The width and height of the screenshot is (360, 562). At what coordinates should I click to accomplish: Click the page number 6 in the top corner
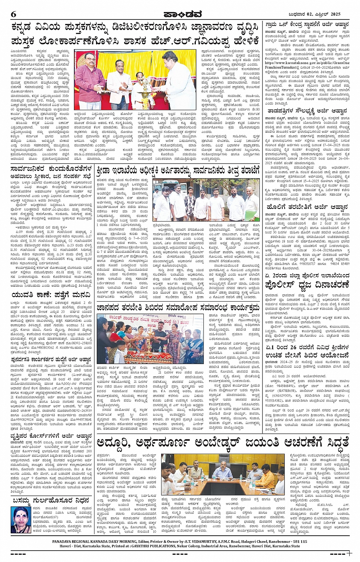click(14, 14)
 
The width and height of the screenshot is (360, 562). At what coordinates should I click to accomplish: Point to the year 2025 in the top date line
click(335, 14)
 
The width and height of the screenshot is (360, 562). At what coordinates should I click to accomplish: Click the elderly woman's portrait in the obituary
click(21, 519)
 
